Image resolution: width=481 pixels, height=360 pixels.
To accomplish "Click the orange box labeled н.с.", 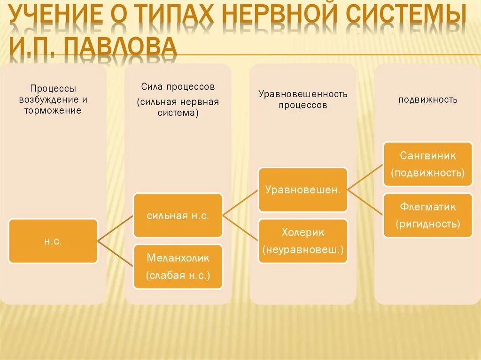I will coord(53,241).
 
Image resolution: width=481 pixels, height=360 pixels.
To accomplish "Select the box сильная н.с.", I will coord(178,215).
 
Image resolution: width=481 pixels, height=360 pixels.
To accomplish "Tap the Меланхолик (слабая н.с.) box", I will coord(178,266).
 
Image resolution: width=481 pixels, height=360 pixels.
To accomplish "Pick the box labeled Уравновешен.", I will coord(303,190).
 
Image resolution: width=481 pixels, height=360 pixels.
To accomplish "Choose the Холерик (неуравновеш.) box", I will coord(303,240).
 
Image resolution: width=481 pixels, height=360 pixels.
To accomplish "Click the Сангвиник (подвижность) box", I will coord(428,164).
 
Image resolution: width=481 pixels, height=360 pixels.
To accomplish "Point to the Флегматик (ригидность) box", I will coord(428,215).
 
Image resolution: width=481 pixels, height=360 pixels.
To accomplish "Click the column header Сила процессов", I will coord(178,87).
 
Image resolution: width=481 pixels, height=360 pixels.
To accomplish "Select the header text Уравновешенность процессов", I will coord(303,100).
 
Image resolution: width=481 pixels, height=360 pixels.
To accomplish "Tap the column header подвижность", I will coord(428,100).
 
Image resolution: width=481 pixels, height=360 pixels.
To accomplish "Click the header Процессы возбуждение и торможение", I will coord(53,100).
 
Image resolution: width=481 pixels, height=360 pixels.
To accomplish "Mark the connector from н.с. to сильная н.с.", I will coord(116,229).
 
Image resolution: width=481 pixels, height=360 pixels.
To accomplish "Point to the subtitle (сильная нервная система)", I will coord(178,107).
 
